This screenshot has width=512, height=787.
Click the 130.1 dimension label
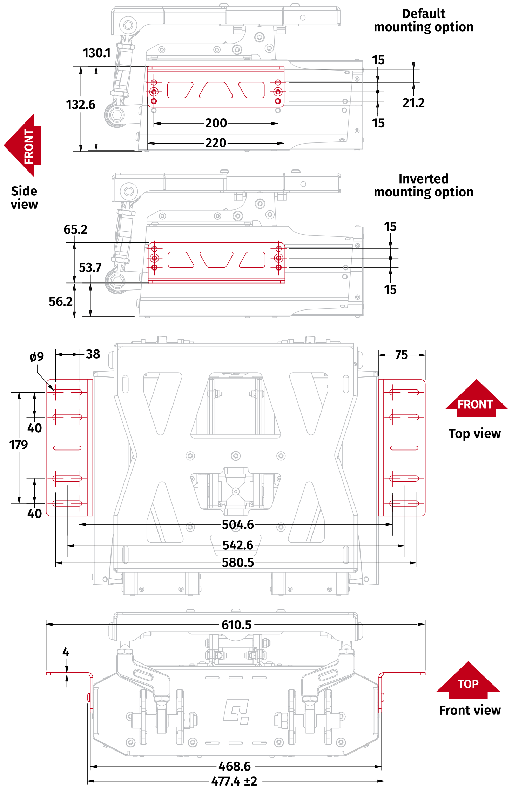tap(96, 53)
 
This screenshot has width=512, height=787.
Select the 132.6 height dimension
tap(80, 105)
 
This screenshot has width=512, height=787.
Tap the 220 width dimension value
tap(216, 143)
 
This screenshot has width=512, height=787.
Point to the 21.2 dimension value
tap(413, 103)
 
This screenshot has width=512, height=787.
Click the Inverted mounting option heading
tap(423, 185)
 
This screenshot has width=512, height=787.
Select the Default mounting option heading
tap(423, 20)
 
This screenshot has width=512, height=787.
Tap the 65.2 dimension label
tap(75, 229)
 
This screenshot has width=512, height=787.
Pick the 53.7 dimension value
tap(90, 268)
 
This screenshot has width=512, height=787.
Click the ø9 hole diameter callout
tap(36, 357)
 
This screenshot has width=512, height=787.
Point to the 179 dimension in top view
tap(18, 445)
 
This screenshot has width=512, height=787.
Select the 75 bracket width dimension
tap(401, 355)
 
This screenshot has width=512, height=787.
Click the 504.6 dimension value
tap(237, 525)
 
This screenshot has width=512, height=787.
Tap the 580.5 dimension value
tap(237, 563)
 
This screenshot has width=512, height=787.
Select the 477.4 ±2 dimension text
tap(234, 781)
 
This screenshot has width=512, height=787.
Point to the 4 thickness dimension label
tap(66, 652)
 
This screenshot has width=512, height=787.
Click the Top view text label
tap(474, 434)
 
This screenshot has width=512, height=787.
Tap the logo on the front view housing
tap(236, 712)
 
